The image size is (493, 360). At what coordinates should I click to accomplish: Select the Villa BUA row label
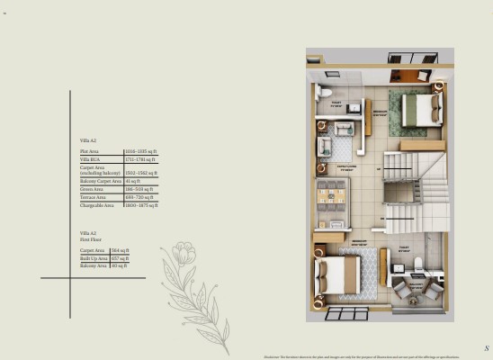pos(89,159)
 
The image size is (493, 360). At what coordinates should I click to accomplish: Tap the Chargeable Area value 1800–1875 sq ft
pos(141,205)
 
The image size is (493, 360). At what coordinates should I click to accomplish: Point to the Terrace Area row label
pos(94,197)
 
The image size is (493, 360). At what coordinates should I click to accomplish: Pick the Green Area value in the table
pos(139,190)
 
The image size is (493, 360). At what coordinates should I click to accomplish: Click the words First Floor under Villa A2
pos(90,239)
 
